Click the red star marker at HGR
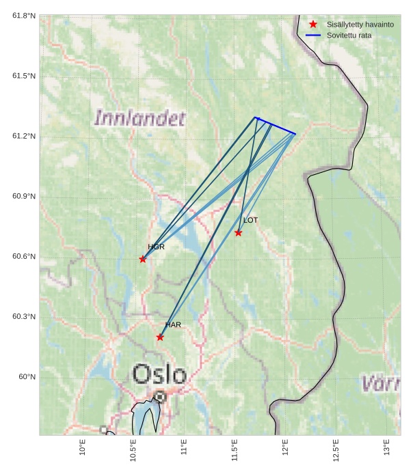pos(143,259)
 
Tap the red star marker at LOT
pos(238,233)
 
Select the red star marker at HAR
pos(160,337)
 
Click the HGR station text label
pos(156,247)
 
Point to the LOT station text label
pos(251,220)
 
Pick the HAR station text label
pos(173,325)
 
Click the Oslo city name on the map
pos(159,374)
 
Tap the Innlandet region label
pos(139,118)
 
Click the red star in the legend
pos(313,24)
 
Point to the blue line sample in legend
pos(313,35)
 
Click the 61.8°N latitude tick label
pos(24,15)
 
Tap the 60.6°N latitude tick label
pos(24,256)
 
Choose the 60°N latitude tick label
pos(27,377)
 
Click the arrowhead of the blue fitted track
pos(257,119)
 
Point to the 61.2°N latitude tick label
pos(24,136)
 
